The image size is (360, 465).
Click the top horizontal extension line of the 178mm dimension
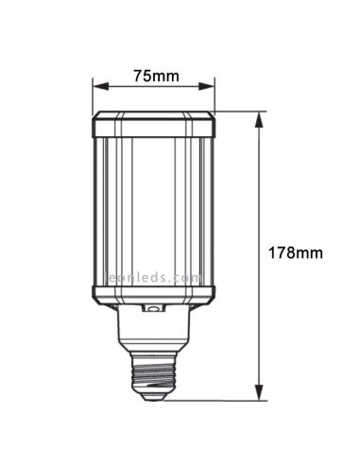pos(236,112)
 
